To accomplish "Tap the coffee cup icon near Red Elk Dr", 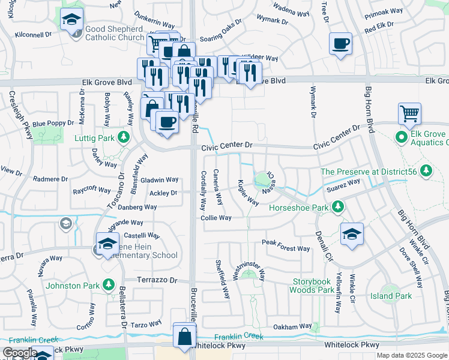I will [x=340, y=44].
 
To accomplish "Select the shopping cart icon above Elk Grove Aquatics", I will [x=409, y=113].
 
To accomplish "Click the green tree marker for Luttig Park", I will [x=124, y=137].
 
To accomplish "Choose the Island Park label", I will [x=391, y=296].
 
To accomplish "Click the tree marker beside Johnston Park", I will [x=109, y=284].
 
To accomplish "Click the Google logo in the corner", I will [x=19, y=353].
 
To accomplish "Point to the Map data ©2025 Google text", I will [x=412, y=355].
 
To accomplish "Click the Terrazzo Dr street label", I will [x=157, y=280].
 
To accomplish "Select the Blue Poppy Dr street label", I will [x=53, y=124].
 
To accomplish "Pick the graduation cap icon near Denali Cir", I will [x=352, y=233].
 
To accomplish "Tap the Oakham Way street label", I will [x=292, y=327].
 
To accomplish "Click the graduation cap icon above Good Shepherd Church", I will [x=71, y=20].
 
